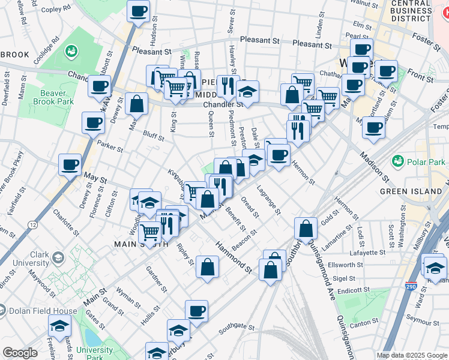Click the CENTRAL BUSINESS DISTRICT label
(x=411, y=11)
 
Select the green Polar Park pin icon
(x=397, y=161)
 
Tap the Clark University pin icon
(x=58, y=258)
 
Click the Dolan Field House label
(x=43, y=311)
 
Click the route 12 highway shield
(x=32, y=224)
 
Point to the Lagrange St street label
(x=268, y=199)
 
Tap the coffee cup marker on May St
(x=70, y=164)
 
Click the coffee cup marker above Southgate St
(x=196, y=311)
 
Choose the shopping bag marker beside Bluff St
(x=137, y=103)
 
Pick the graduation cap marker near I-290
(x=435, y=266)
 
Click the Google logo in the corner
(x=20, y=353)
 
